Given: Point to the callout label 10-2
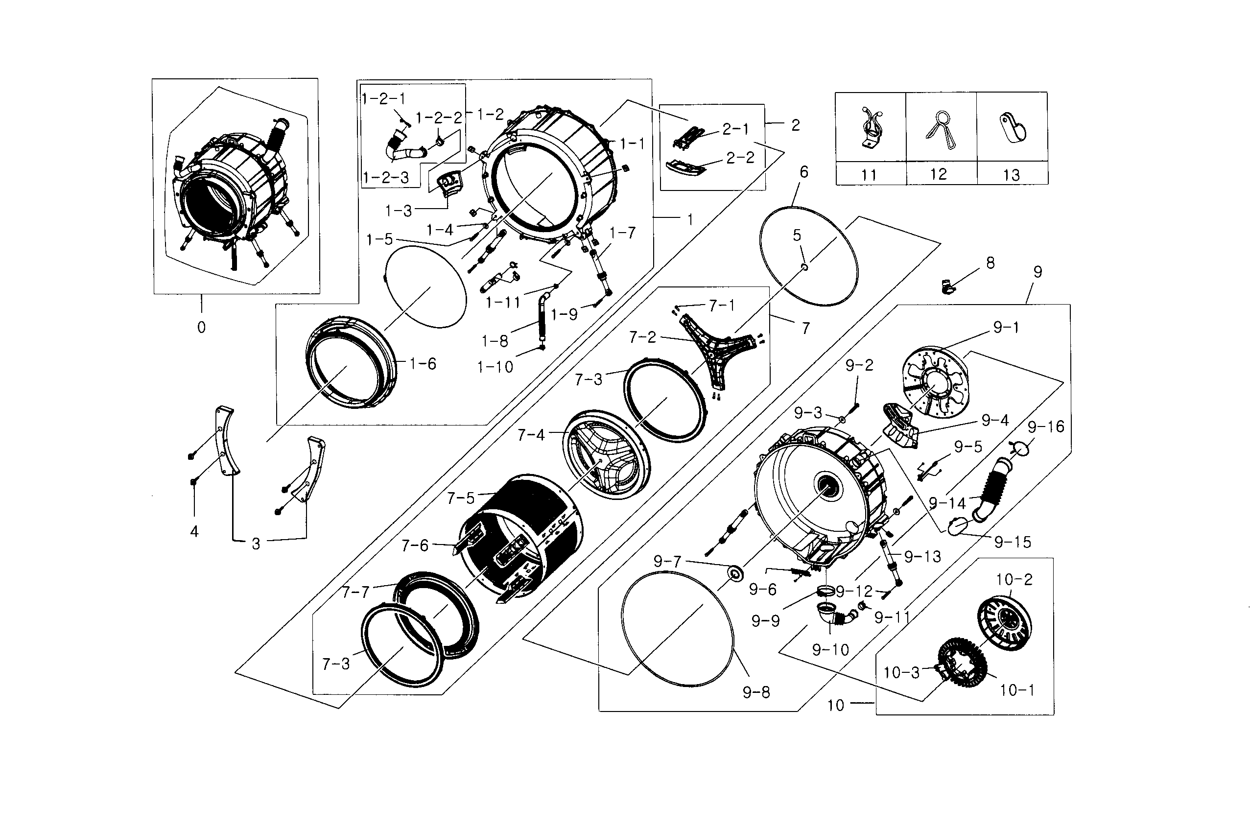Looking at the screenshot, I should point(1014,580).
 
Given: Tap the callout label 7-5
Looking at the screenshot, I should point(461,498).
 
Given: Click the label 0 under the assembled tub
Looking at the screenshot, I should point(201,328).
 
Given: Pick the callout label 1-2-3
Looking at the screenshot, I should point(386,177).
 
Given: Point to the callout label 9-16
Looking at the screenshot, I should point(1046,427).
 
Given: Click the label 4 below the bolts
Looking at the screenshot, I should point(194,531).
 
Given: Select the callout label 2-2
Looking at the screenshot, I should point(740,158).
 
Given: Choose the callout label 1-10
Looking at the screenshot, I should point(495,367).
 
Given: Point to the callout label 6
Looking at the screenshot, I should point(804,172).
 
